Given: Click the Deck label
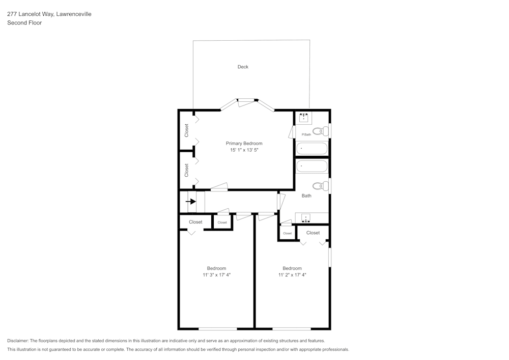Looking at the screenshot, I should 243,67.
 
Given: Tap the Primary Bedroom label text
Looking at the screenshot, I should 244,144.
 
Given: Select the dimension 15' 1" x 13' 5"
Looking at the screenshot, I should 244,150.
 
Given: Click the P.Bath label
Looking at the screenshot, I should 306,134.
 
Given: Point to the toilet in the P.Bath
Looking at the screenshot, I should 319,131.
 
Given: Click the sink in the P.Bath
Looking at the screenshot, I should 304,118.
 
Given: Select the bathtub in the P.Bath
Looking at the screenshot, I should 312,149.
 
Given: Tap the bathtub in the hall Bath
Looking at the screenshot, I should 312,166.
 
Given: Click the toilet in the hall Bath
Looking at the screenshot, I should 319,185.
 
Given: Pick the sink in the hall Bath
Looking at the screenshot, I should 305,218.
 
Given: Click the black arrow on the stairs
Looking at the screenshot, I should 192,201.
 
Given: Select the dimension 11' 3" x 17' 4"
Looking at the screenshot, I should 216,275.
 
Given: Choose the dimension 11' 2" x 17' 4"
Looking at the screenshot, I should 292,275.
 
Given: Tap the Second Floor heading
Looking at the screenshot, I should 24,23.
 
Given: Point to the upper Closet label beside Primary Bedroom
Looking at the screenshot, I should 187,130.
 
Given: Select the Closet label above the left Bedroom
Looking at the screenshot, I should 195,222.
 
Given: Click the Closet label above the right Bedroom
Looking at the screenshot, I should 313,233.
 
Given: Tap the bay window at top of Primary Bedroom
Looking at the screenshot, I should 247,100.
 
